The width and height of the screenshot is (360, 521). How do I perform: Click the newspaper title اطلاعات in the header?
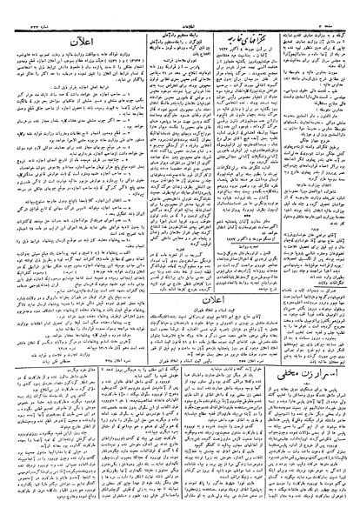(x=180, y=8)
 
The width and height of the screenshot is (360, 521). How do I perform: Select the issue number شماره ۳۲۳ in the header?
(x=27, y=8)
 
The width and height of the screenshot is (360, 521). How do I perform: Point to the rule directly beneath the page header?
(x=180, y=15)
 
